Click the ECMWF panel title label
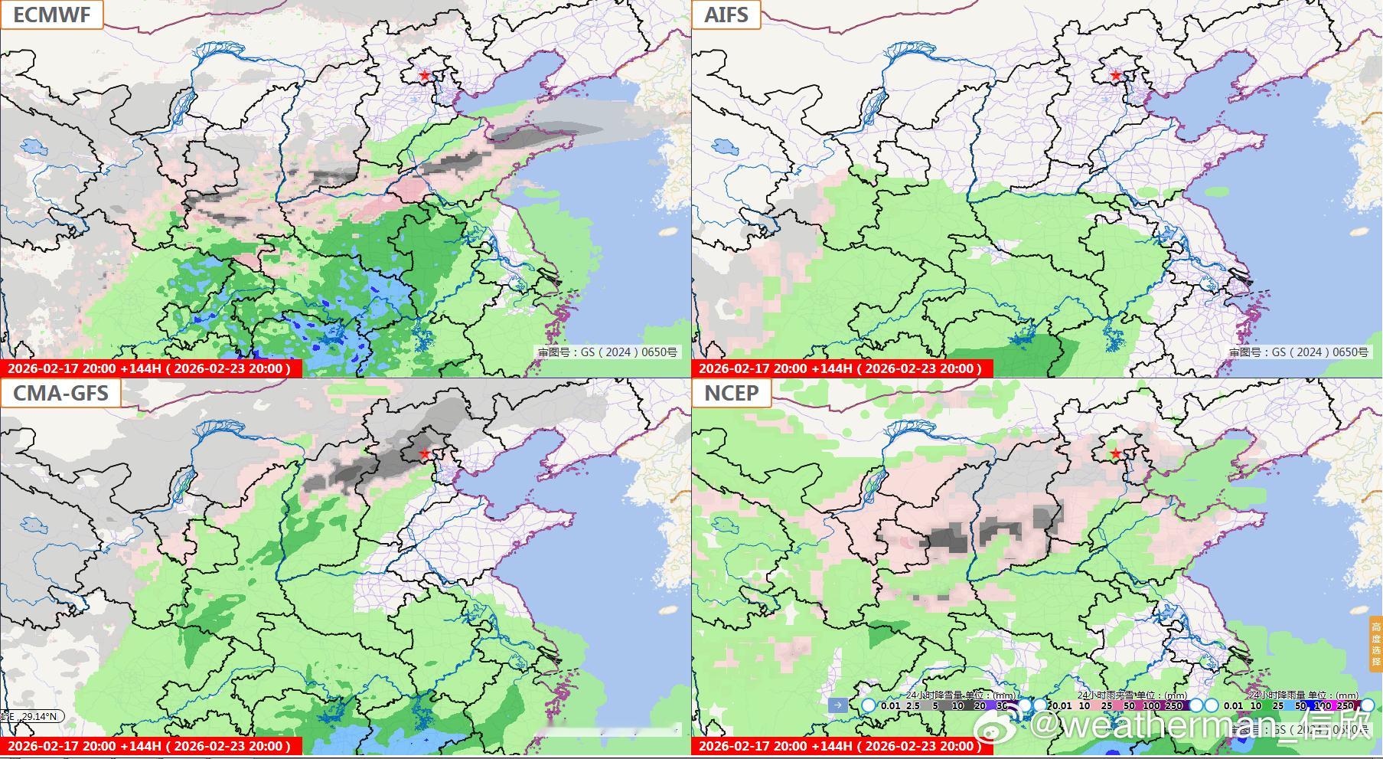pyautogui.click(x=51, y=15)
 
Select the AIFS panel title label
pyautogui.click(x=726, y=15)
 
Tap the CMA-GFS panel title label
pyautogui.click(x=60, y=393)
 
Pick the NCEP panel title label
pyautogui.click(x=731, y=393)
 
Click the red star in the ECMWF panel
pyautogui.click(x=425, y=76)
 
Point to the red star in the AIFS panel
pyautogui.click(x=1116, y=76)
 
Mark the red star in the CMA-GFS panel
pyautogui.click(x=425, y=453)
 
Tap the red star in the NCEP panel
pyautogui.click(x=1116, y=453)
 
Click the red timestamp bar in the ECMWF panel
pyautogui.click(x=150, y=368)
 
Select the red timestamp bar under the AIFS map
pyautogui.click(x=841, y=368)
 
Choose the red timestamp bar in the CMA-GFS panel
pyautogui.click(x=150, y=746)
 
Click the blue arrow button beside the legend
pyautogui.click(x=838, y=705)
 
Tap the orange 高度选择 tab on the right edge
pyautogui.click(x=1376, y=644)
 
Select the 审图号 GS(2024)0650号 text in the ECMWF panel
pyautogui.click(x=607, y=352)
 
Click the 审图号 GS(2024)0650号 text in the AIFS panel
pyautogui.click(x=1298, y=352)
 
